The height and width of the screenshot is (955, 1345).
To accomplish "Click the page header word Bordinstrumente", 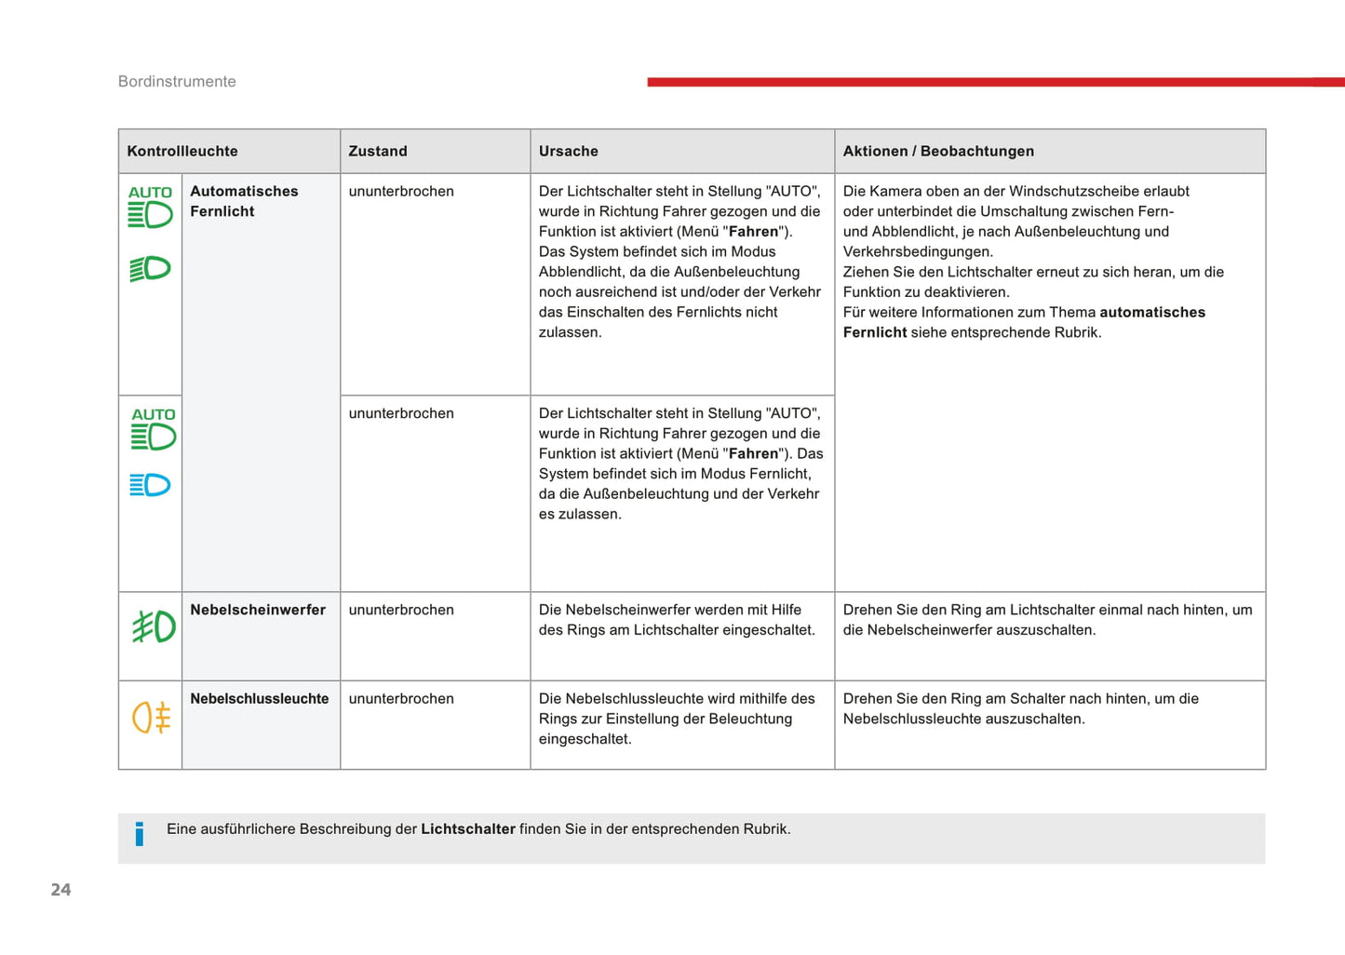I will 177,82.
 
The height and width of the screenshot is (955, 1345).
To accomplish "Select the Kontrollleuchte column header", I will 182,152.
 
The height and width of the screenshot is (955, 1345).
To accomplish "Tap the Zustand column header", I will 378,152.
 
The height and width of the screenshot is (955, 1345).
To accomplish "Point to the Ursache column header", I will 569,152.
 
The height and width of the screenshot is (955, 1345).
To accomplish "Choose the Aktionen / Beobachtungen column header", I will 938,152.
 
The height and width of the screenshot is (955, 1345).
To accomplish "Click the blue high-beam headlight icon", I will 150,485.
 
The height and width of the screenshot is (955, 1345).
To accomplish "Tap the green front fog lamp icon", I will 154,626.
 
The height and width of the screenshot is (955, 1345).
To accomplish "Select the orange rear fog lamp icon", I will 152,718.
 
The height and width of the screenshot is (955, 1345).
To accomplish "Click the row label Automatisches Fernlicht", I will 244,201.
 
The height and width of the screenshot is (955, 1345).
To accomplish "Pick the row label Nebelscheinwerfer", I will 258,611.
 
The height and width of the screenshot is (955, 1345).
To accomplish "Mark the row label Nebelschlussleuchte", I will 260,699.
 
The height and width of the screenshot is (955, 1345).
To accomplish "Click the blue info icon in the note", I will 140,834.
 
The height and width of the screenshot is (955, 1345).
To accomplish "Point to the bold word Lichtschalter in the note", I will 468,829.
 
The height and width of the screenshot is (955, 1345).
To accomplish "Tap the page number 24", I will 61,890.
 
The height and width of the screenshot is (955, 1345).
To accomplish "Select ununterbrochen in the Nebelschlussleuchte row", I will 401,699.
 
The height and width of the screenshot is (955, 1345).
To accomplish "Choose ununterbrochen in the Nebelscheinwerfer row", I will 401,611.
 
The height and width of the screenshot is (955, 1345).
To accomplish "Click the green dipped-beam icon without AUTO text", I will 150,269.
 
